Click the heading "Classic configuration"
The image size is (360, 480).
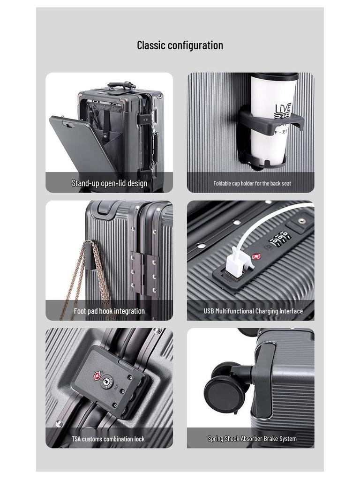click(x=180, y=45)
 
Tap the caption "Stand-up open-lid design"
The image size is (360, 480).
click(x=109, y=183)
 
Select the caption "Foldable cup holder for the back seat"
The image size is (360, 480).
click(x=252, y=183)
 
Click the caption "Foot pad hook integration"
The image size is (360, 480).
click(x=109, y=311)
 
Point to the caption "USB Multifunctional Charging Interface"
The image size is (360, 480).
click(x=253, y=311)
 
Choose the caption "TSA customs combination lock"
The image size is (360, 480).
click(x=108, y=439)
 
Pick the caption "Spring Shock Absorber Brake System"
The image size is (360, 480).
click(x=252, y=439)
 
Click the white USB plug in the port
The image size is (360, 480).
click(x=234, y=260)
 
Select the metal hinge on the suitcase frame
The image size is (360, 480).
click(x=143, y=272)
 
